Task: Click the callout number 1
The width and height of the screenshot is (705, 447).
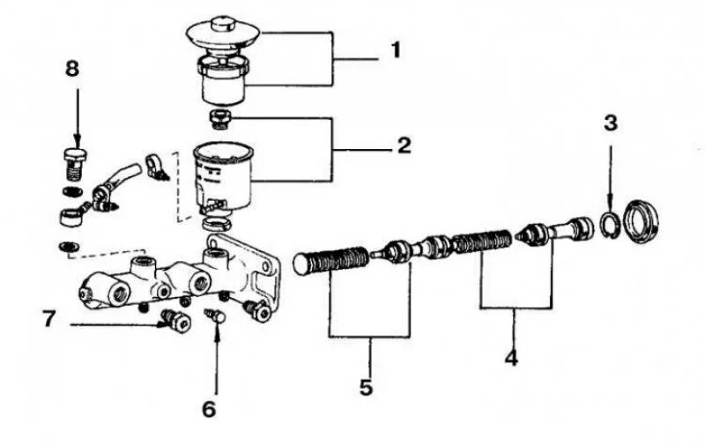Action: [395, 51]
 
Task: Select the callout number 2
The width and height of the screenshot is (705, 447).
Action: [404, 145]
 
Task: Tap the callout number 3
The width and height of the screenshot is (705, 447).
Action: [610, 123]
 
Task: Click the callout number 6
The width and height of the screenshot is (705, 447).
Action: [208, 409]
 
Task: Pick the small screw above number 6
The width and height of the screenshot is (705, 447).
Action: [213, 312]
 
